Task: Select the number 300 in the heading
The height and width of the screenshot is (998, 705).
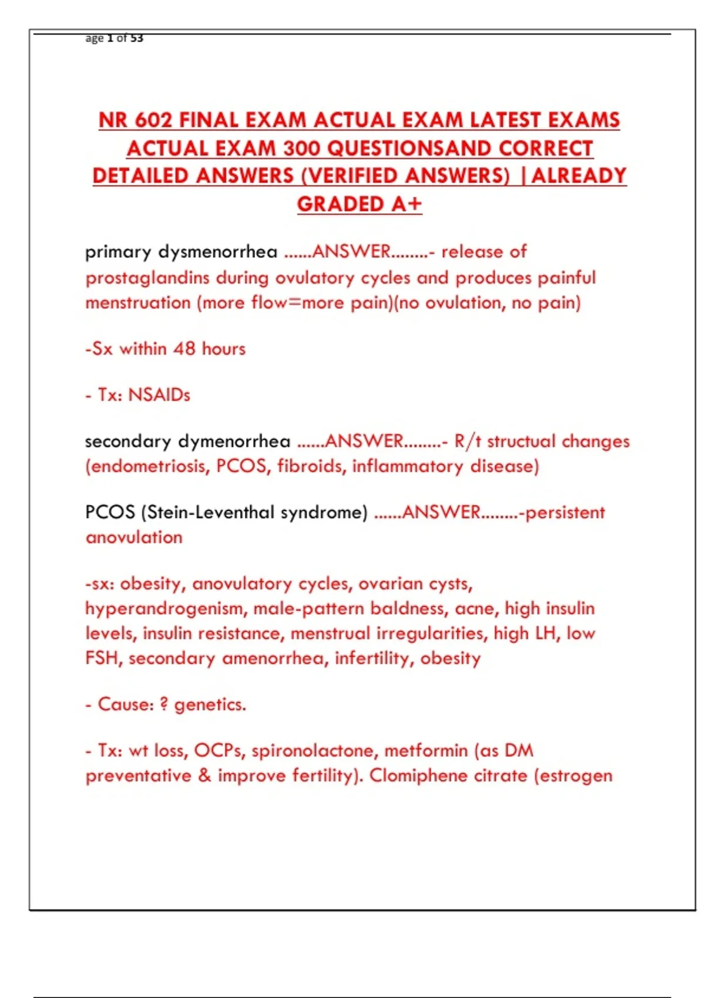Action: (301, 149)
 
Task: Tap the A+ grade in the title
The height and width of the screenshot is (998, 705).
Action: (407, 204)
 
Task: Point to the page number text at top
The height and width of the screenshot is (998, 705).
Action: (114, 38)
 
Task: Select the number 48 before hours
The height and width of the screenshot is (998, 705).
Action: (184, 349)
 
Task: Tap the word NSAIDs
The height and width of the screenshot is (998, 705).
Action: (159, 395)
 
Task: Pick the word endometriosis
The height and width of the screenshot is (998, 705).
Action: (147, 467)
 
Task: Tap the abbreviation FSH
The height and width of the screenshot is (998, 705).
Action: (103, 658)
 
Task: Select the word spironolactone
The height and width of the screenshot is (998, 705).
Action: (314, 751)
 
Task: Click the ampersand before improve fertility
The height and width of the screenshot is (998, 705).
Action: (204, 776)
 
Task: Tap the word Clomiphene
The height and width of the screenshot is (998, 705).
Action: (418, 776)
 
